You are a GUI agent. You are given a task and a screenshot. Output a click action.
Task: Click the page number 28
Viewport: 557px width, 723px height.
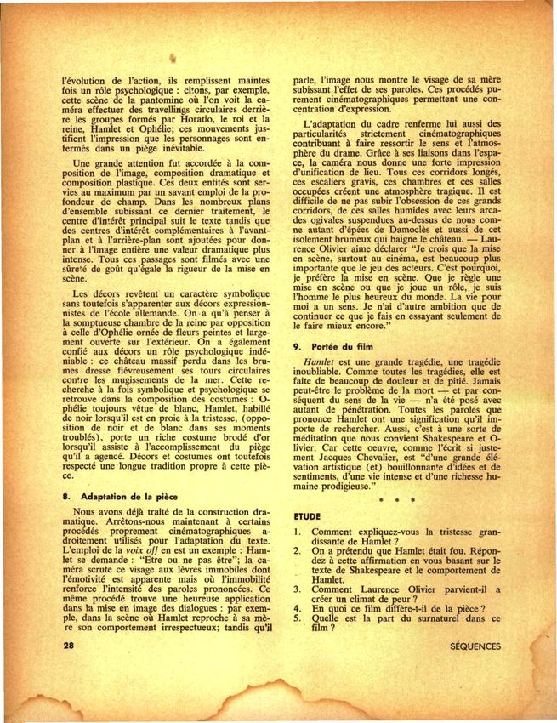click(69, 646)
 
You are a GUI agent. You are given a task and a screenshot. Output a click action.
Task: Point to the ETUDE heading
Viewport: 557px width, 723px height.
click(308, 515)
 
